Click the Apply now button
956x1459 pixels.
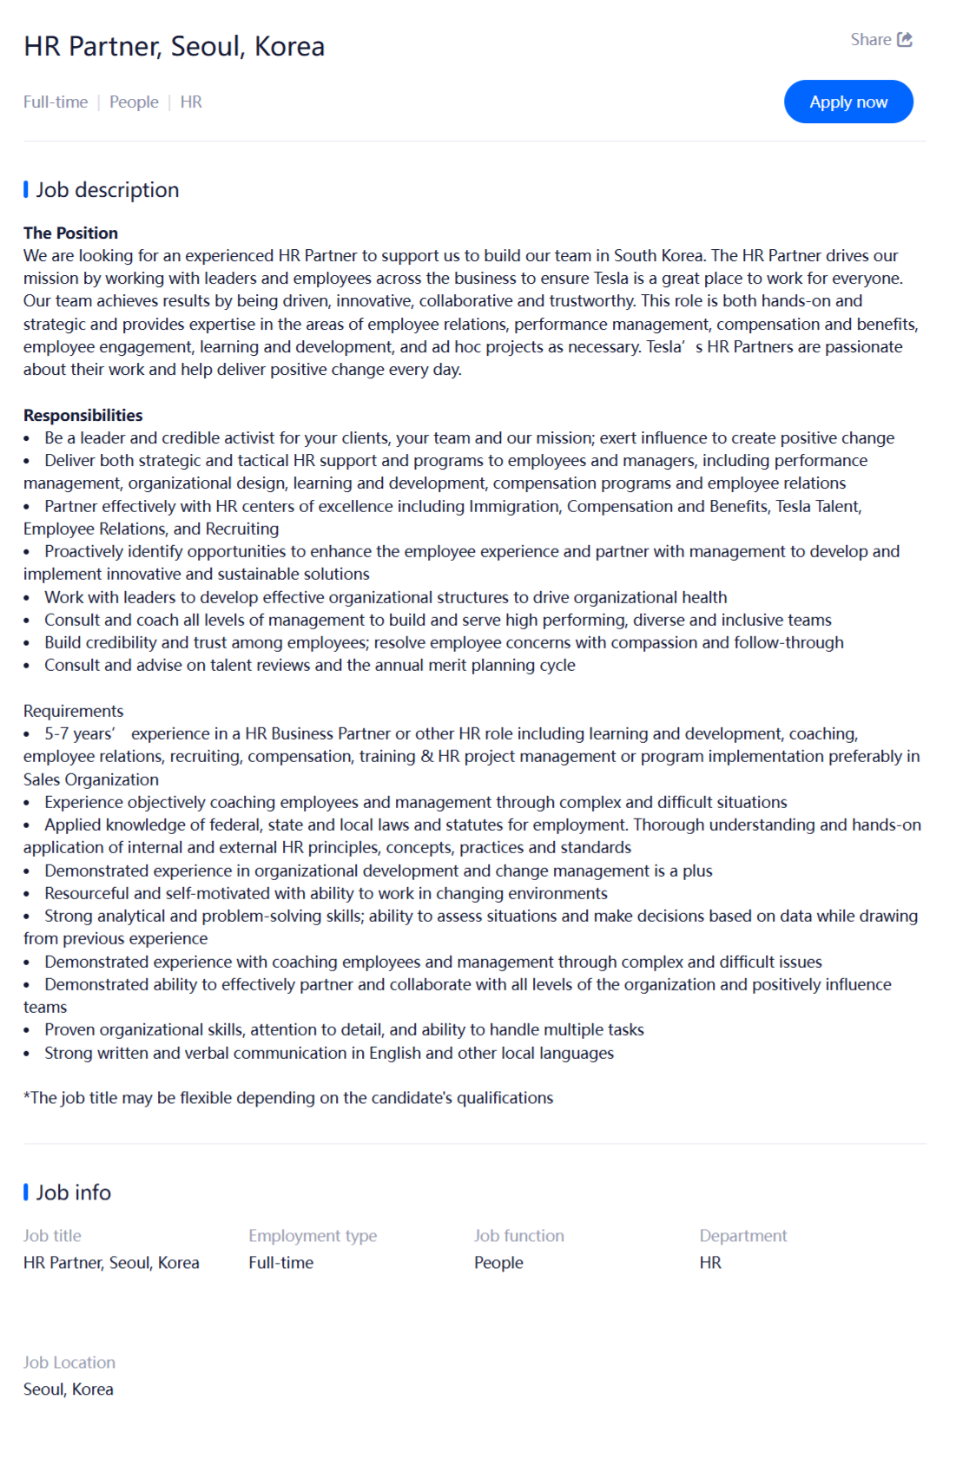point(848,102)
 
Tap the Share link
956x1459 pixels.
point(871,40)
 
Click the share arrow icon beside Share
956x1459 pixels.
point(905,40)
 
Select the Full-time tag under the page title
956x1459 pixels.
point(56,102)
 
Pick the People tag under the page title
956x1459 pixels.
point(134,102)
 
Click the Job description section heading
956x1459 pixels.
point(107,190)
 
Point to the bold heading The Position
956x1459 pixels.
point(70,233)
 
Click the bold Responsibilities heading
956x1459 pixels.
point(82,415)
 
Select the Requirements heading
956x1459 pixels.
point(73,711)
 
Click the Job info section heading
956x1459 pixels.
point(73,1193)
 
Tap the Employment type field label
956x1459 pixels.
point(313,1236)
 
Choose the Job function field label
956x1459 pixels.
point(518,1236)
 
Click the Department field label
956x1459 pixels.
point(743,1236)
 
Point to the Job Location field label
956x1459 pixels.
point(69,1363)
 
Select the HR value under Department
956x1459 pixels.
point(710,1263)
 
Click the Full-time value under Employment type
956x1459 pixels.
point(280,1263)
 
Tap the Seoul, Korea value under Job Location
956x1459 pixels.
point(68,1390)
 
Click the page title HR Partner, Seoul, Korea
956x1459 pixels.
point(174,46)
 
